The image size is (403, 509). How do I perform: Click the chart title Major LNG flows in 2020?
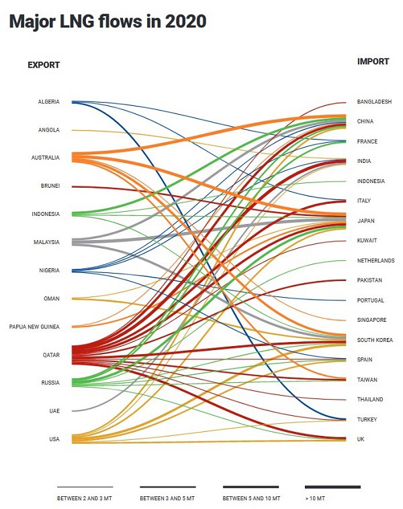click(107, 21)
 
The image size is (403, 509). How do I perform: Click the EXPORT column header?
click(44, 65)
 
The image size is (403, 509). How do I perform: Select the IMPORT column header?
click(373, 62)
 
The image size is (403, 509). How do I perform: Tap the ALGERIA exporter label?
click(48, 102)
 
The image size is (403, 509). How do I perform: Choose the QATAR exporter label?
click(51, 355)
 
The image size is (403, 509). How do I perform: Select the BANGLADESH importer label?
click(374, 102)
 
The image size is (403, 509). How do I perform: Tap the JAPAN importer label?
click(365, 221)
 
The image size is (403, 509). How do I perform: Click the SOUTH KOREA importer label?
click(373, 340)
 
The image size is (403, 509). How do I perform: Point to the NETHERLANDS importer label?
click(375, 261)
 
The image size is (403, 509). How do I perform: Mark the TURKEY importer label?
click(367, 420)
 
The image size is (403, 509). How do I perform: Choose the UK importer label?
click(361, 439)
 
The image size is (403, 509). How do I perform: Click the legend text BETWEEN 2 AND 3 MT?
click(85, 499)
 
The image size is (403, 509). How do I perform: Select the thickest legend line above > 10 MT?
click(332, 487)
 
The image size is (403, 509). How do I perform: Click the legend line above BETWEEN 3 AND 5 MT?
click(167, 487)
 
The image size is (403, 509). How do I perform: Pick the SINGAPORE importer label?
click(371, 320)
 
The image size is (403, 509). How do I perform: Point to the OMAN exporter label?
click(51, 299)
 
